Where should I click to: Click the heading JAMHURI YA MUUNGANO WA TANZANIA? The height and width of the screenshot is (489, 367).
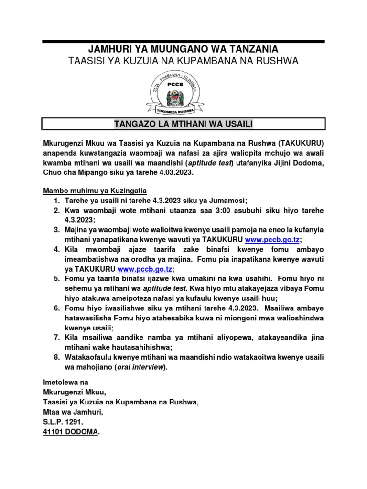[x=183, y=49]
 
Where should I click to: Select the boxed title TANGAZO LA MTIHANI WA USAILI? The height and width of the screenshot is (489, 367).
[x=183, y=125]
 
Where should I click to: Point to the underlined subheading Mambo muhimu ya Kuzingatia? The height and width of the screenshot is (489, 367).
[x=91, y=191]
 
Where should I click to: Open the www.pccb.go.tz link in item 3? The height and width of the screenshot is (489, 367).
[x=273, y=239]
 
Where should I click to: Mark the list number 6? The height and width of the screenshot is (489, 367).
[x=56, y=308]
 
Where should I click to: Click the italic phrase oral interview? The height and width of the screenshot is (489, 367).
[x=141, y=367]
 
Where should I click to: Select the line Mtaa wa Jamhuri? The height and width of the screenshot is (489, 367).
[x=73, y=412]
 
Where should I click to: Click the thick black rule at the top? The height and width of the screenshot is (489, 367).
[x=183, y=42]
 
